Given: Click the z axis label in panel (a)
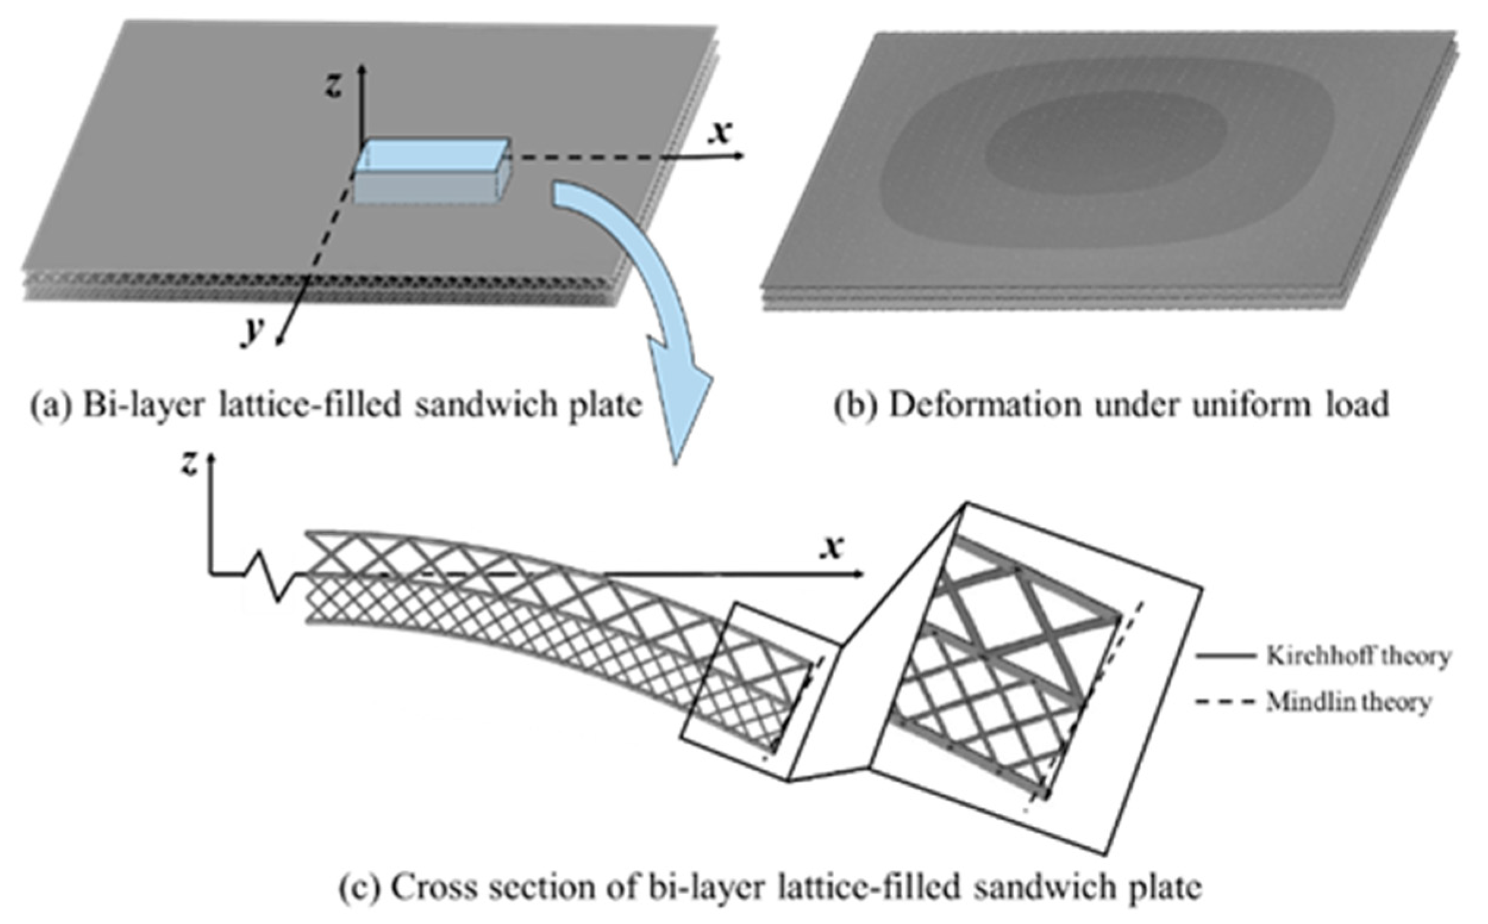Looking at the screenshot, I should point(334,86).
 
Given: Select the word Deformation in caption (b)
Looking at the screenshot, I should point(984,405).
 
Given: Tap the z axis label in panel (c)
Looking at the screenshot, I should point(189,464).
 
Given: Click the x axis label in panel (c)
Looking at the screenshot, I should point(831,546).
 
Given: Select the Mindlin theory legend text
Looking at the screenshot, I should point(1349,702).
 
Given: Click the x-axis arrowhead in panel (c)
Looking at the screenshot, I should point(859,574).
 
